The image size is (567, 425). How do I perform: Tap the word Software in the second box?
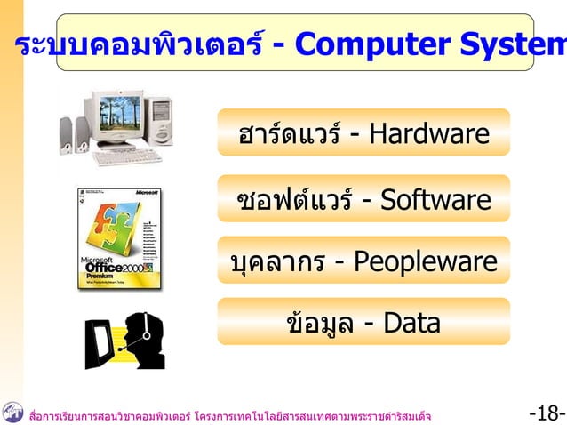point(435,199)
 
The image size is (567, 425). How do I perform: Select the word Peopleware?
point(425,261)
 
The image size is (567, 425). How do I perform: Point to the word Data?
point(411,323)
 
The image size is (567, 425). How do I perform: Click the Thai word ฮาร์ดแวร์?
point(290,134)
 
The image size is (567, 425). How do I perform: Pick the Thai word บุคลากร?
point(280,262)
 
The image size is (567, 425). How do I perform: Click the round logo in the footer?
point(13,412)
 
